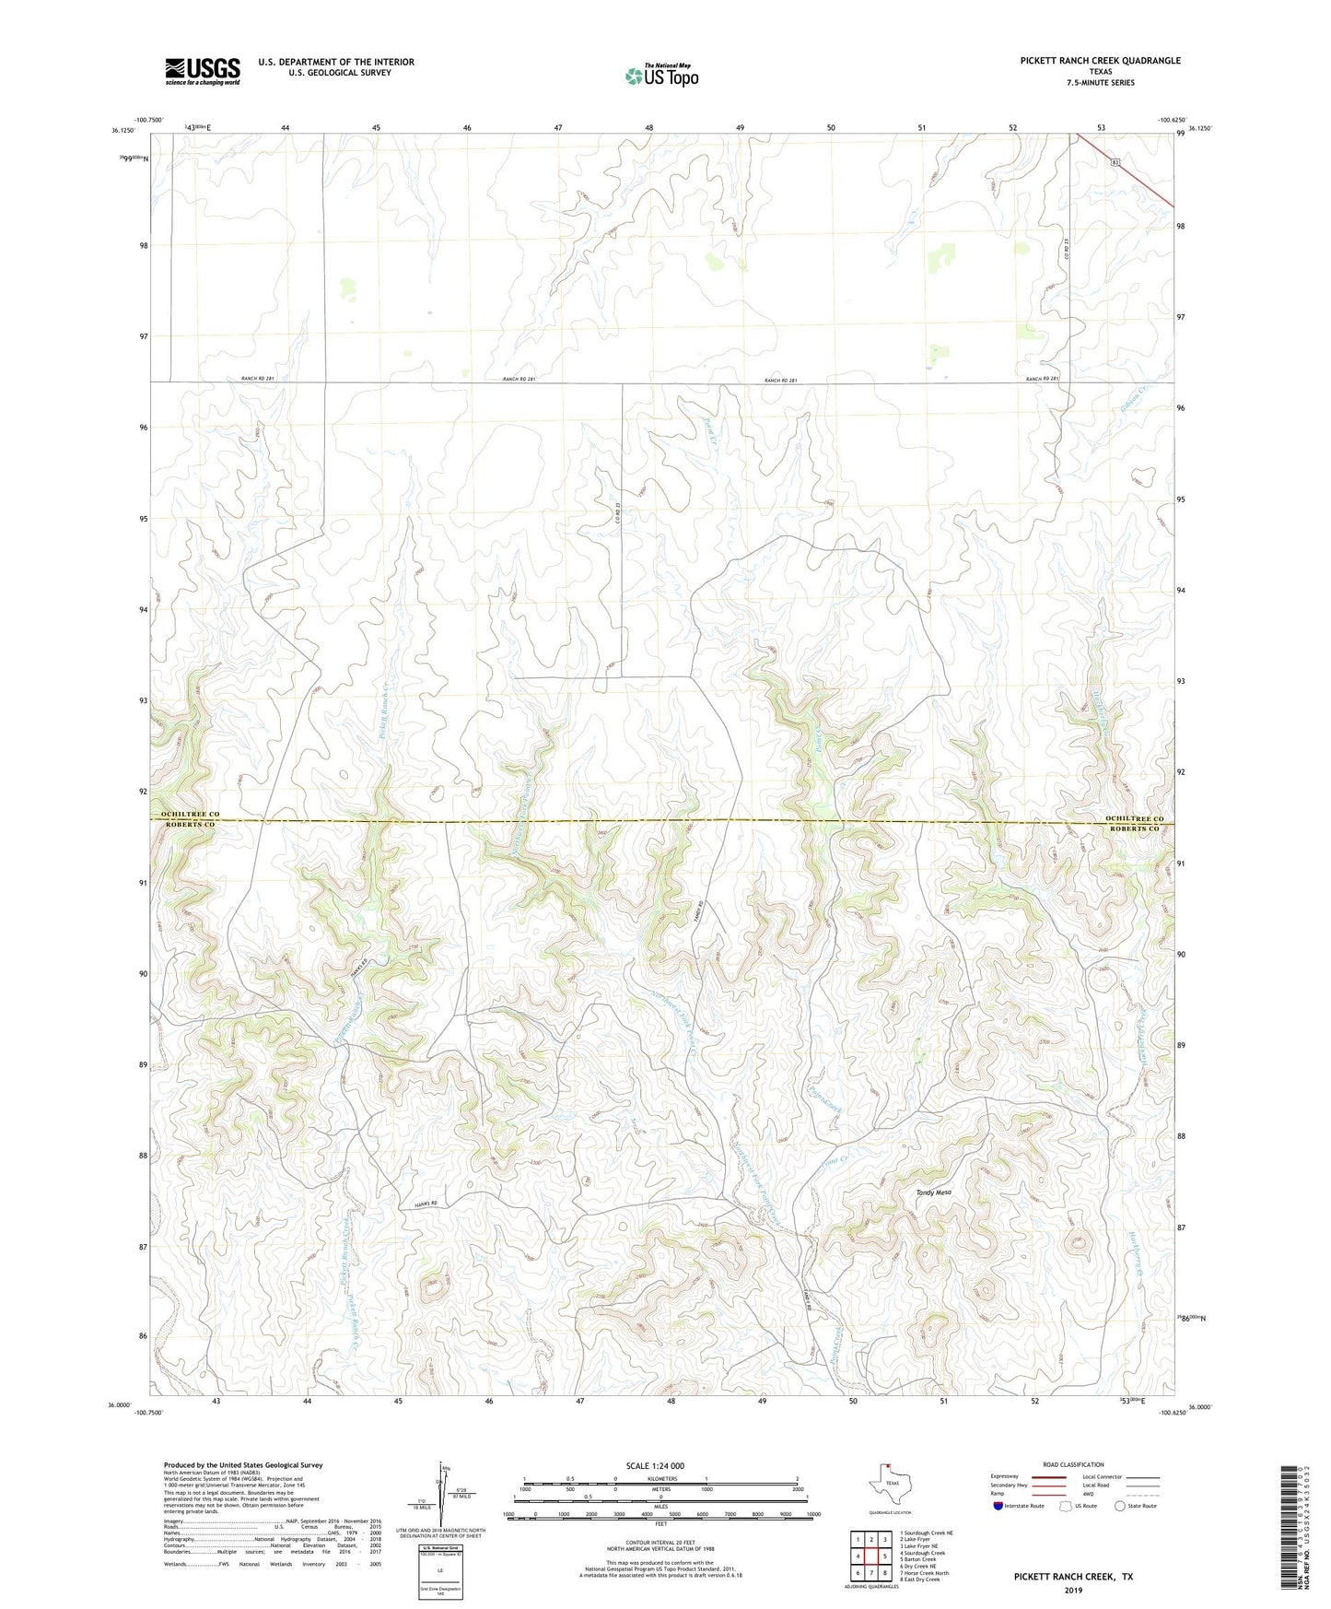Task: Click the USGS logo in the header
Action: (203, 71)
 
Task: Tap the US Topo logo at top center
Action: (661, 75)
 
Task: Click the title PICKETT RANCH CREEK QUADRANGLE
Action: (1099, 61)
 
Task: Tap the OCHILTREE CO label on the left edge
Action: (190, 815)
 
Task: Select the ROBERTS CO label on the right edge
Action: (1134, 828)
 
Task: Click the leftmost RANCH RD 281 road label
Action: (258, 379)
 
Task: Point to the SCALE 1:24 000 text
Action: (654, 1465)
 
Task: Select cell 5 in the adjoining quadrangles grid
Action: (884, 1556)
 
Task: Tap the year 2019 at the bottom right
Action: (1073, 1590)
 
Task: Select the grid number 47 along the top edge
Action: (558, 127)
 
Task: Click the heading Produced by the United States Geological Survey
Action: (243, 1464)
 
